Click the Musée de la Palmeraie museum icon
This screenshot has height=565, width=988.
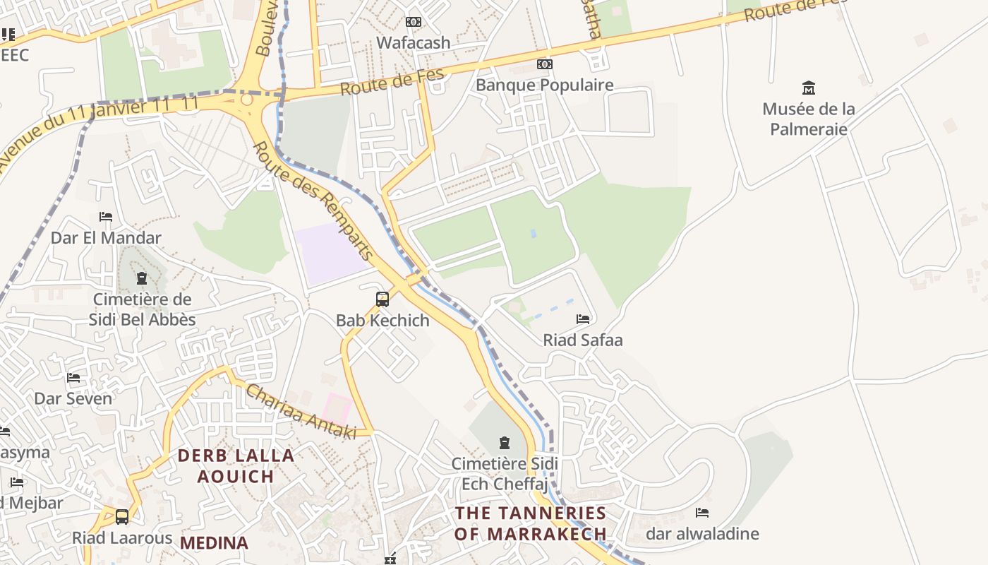coord(809,88)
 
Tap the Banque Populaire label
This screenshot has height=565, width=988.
coord(544,85)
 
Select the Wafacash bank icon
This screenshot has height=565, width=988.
coord(414,22)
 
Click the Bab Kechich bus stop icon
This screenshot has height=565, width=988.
coord(382,299)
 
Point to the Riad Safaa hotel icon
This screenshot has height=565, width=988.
coord(583,319)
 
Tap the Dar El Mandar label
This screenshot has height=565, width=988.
coord(106,238)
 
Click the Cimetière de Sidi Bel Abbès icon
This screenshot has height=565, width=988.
coord(142,278)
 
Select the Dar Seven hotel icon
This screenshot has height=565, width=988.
coord(73,378)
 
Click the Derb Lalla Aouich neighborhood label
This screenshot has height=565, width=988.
coord(236,465)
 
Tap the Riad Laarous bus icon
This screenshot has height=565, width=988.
coord(122,517)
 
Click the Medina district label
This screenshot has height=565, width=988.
coord(214,543)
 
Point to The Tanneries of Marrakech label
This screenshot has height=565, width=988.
coord(531,523)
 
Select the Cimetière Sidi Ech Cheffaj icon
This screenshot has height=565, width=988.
coord(505,443)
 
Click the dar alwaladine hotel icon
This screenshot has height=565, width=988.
coord(702,513)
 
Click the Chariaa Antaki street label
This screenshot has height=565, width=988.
coord(301,412)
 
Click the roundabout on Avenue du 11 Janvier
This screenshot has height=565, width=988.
coord(246,100)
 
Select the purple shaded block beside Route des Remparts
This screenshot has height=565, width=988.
coord(331,254)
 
